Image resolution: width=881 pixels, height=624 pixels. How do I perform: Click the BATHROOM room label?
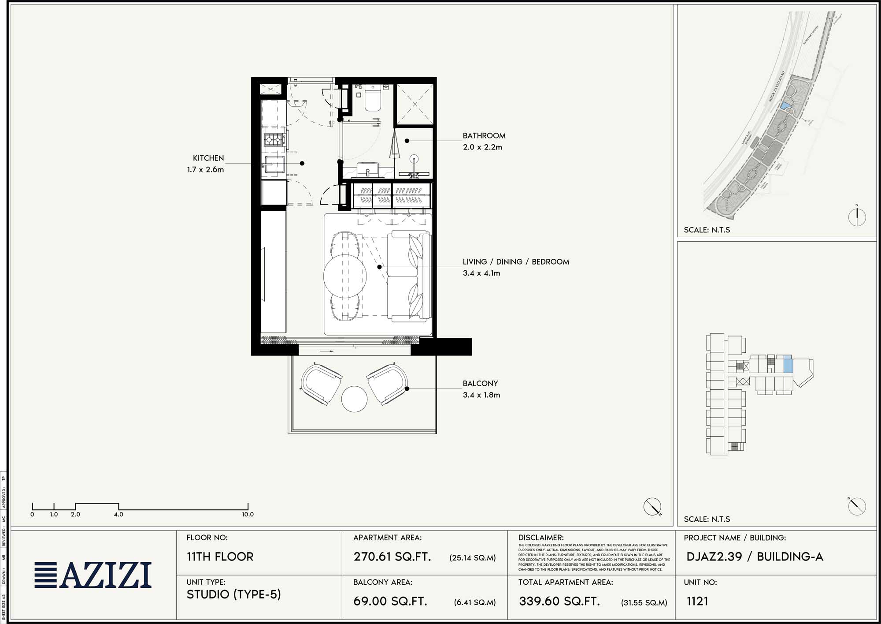(x=484, y=136)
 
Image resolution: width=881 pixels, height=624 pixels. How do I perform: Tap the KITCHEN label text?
(x=208, y=158)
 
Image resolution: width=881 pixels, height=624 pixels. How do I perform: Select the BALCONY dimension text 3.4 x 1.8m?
(x=481, y=395)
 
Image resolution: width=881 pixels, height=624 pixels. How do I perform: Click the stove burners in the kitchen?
(x=273, y=140)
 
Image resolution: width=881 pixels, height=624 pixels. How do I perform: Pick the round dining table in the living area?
(x=345, y=276)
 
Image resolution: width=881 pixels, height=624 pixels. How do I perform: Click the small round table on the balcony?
(x=354, y=399)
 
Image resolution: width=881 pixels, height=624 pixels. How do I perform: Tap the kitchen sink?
(x=274, y=164)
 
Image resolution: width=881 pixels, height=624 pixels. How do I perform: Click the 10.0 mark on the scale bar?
(x=248, y=514)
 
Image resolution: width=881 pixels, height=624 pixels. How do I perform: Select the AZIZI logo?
(x=93, y=575)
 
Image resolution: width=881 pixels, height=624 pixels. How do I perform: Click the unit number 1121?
(x=697, y=601)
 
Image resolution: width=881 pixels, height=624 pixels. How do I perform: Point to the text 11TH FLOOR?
(x=220, y=557)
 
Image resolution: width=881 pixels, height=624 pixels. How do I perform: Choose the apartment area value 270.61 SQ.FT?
(x=392, y=557)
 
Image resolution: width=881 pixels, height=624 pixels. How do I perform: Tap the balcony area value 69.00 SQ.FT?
(x=390, y=602)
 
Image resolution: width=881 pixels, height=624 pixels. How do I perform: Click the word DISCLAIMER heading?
(x=540, y=538)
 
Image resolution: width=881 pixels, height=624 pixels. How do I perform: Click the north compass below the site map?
(x=857, y=217)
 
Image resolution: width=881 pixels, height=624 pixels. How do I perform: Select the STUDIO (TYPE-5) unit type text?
(x=233, y=594)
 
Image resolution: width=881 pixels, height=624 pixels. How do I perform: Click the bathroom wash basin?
(x=367, y=169)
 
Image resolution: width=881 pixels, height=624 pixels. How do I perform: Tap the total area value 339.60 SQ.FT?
(x=559, y=602)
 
